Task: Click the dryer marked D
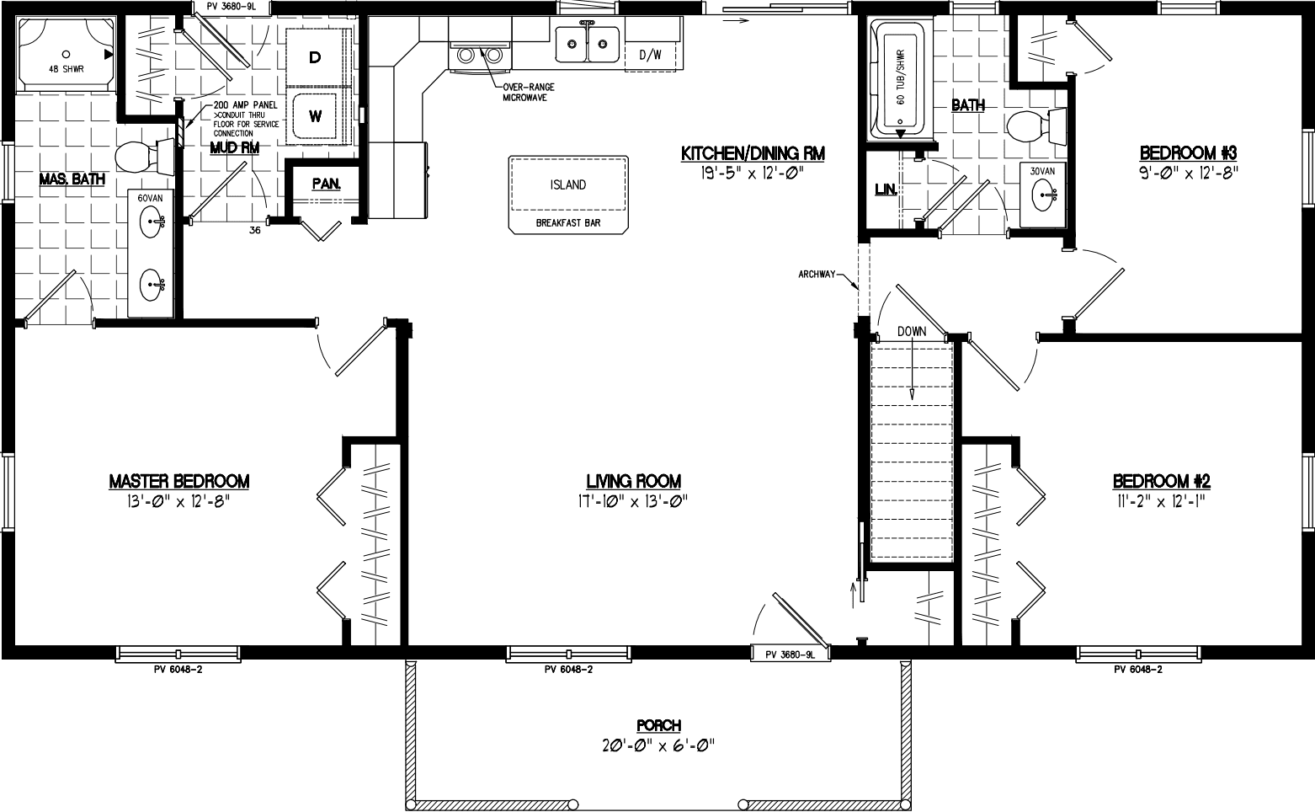pyautogui.click(x=315, y=57)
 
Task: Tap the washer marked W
pyautogui.click(x=315, y=116)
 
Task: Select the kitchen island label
pyautogui.click(x=568, y=184)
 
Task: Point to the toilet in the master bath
pyautogui.click(x=139, y=156)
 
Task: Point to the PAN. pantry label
pyautogui.click(x=325, y=184)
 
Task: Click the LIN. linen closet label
pyautogui.click(x=885, y=190)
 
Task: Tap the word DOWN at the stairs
pyautogui.click(x=911, y=331)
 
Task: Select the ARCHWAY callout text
pyautogui.click(x=817, y=274)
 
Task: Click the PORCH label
pyautogui.click(x=658, y=725)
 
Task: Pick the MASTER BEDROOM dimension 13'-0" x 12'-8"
pyautogui.click(x=179, y=501)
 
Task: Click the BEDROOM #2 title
pyautogui.click(x=1161, y=482)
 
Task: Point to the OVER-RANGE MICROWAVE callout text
pyautogui.click(x=527, y=92)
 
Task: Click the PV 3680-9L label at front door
pyautogui.click(x=790, y=654)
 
